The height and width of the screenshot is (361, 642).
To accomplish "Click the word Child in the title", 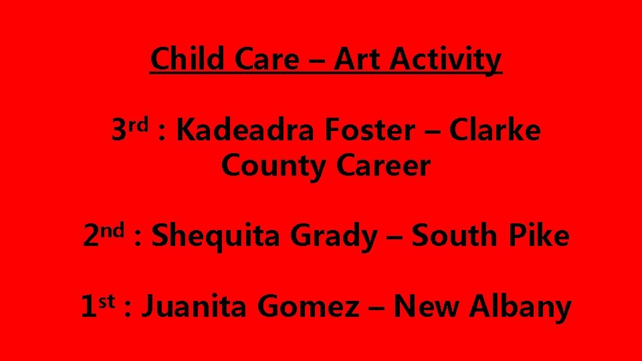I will [x=187, y=59].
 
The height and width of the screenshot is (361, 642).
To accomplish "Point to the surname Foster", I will [x=369, y=131].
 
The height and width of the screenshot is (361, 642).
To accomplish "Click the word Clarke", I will [x=494, y=131].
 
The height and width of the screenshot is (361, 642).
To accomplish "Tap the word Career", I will [x=383, y=166].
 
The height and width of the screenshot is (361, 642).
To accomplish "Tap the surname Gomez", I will [x=308, y=307].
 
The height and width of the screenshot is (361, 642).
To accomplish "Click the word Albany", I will [x=520, y=307].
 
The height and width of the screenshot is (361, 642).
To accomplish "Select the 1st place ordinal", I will [x=97, y=306].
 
